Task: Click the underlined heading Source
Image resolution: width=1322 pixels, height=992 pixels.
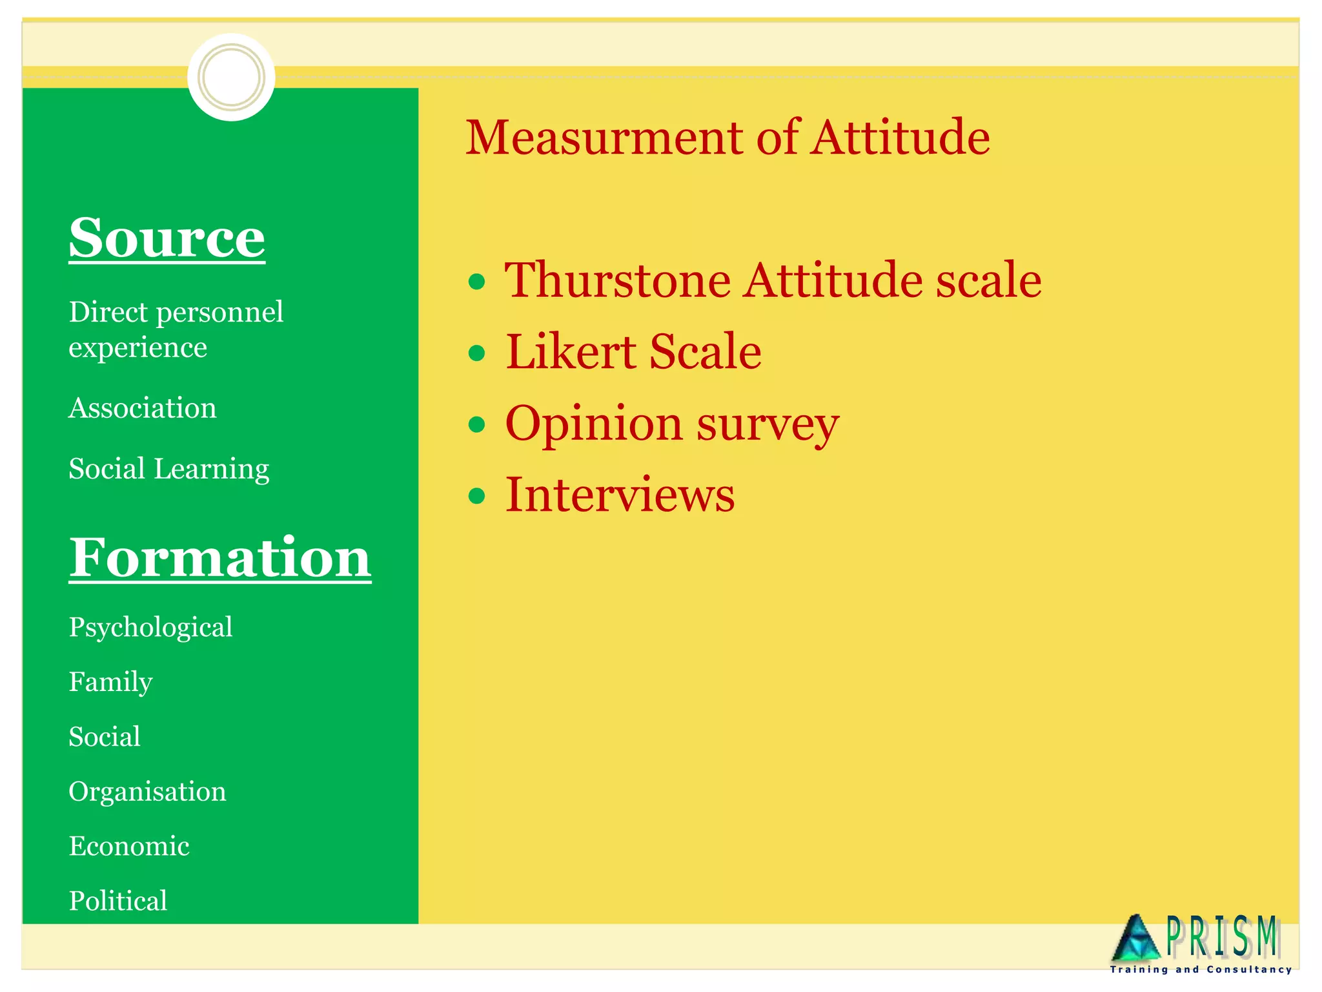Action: [167, 238]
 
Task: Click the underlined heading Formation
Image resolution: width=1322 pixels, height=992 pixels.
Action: [220, 557]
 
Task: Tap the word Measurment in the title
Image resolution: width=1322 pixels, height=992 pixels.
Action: [604, 138]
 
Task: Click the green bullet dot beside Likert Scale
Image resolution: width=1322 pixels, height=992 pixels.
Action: [476, 353]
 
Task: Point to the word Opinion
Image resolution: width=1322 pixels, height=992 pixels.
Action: [593, 424]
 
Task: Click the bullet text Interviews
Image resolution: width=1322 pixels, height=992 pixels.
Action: [620, 495]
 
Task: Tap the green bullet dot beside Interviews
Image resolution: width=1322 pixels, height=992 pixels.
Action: [476, 495]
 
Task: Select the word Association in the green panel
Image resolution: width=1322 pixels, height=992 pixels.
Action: [143, 408]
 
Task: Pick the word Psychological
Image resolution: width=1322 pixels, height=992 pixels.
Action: [150, 628]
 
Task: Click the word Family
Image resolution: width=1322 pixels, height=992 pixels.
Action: [110, 683]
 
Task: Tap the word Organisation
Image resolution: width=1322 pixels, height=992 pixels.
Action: [147, 792]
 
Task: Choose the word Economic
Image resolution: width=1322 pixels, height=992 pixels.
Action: [129, 846]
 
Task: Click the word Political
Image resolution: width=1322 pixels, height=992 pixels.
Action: [118, 901]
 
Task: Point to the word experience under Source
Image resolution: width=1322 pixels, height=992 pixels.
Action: [137, 349]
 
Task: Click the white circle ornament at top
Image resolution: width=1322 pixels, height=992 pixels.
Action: [231, 77]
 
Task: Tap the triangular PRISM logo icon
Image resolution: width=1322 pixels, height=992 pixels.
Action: [1136, 938]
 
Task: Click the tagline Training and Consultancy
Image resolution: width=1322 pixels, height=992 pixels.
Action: [1201, 969]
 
